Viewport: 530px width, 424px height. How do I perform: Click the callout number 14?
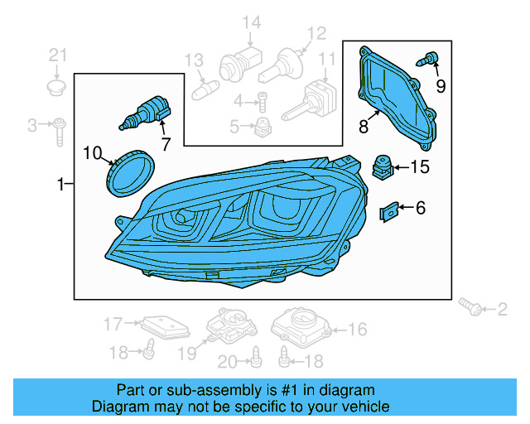tap(251, 22)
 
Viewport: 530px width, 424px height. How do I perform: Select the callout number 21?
tap(56, 55)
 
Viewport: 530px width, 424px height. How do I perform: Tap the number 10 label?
tap(92, 152)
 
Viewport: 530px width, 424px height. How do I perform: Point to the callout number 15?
tap(420, 167)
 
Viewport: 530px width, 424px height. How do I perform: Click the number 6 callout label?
tap(420, 208)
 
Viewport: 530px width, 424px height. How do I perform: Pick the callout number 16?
tap(357, 330)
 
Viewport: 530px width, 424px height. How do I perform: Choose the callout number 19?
tap(188, 354)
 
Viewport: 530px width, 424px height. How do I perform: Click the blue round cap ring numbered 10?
tap(130, 171)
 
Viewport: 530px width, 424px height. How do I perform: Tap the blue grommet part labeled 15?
tap(382, 166)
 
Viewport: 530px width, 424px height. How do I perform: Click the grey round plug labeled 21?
tap(56, 87)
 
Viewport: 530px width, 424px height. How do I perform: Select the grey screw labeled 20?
tap(257, 358)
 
